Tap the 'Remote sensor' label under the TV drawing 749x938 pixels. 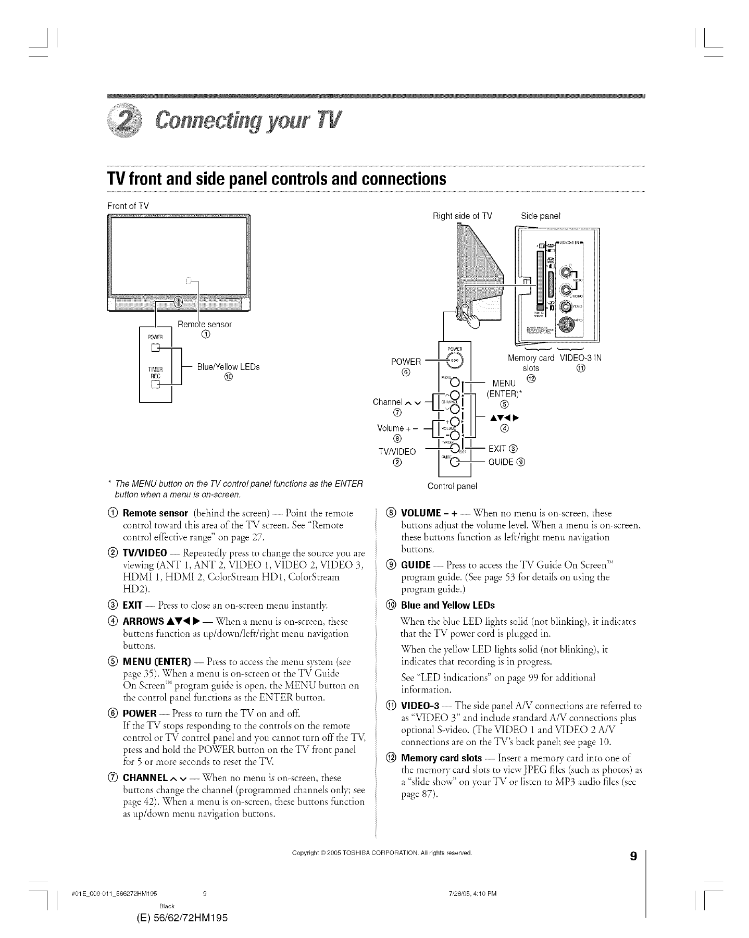tap(205, 324)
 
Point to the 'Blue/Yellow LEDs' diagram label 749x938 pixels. tap(228, 367)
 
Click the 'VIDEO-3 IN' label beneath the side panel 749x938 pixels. tap(580, 358)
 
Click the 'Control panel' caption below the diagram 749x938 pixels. tap(452, 487)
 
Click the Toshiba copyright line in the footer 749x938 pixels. tap(382, 853)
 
